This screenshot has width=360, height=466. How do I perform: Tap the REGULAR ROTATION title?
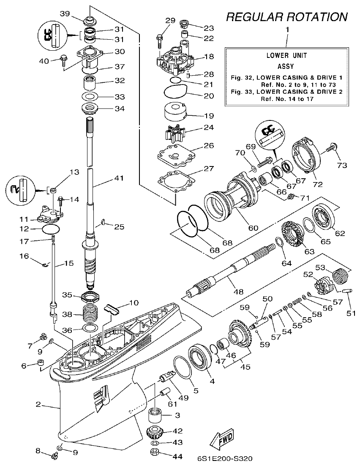(287, 17)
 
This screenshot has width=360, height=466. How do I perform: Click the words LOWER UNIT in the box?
(286, 55)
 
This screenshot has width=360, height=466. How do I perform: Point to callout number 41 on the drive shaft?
(119, 178)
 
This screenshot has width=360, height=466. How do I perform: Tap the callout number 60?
(253, 228)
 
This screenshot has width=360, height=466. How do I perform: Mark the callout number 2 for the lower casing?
(38, 404)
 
